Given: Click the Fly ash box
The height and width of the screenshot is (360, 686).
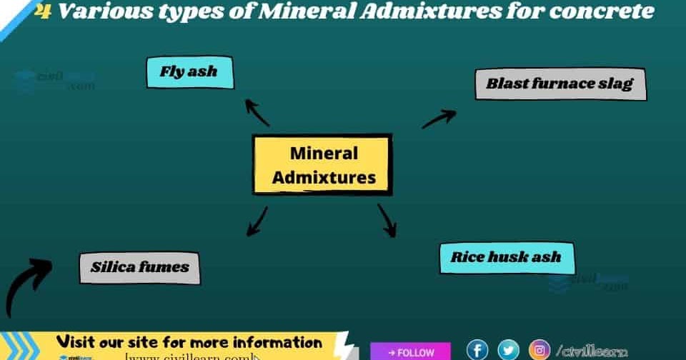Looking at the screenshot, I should (x=189, y=72).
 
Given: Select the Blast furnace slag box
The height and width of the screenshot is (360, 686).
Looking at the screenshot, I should (x=560, y=84).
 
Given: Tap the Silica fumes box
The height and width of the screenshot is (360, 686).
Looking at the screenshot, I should (x=139, y=268).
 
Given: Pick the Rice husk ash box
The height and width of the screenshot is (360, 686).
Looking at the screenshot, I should (x=506, y=257).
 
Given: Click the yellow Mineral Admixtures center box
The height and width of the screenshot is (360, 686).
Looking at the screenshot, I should (x=323, y=165).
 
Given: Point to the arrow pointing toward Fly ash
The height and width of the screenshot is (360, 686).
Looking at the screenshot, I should (x=257, y=112).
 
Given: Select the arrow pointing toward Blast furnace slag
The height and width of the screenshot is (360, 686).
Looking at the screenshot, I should (x=439, y=119).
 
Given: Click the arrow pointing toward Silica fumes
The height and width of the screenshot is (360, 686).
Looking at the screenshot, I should (x=257, y=221).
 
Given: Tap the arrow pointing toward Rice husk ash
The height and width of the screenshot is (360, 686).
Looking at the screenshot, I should (x=387, y=221).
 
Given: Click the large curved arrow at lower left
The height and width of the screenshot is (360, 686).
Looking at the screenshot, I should (x=27, y=284).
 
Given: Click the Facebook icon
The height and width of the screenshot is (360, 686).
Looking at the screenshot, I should (x=477, y=350).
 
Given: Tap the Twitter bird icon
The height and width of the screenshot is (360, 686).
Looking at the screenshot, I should (x=508, y=350).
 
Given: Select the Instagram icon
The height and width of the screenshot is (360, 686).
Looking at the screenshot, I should (x=540, y=350).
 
